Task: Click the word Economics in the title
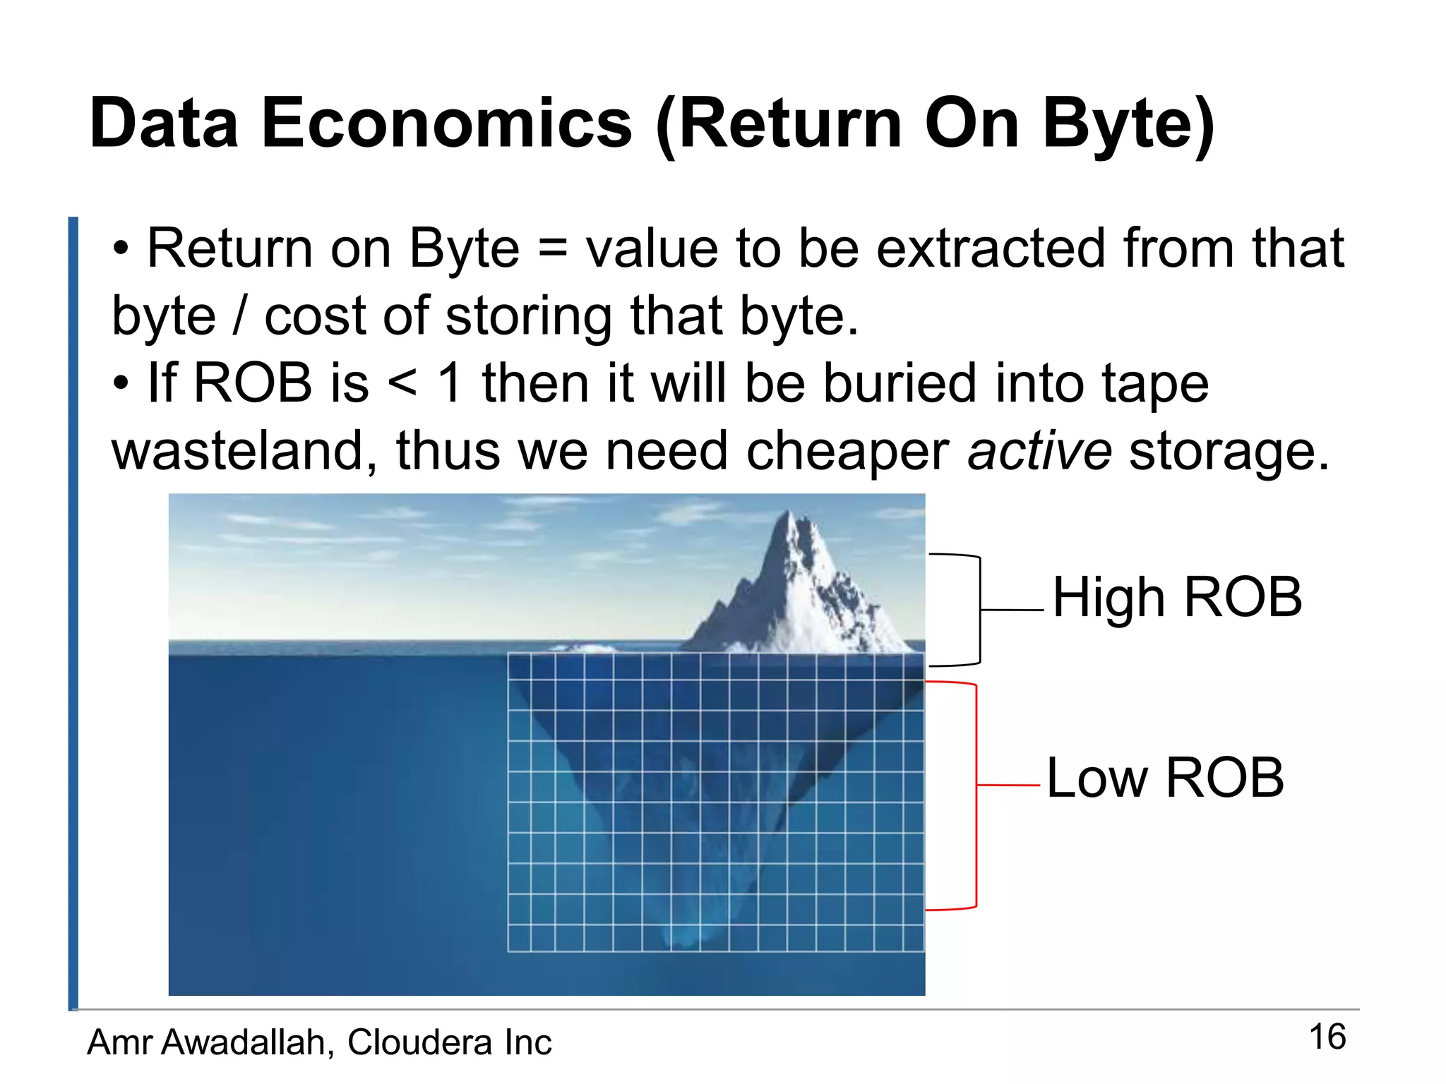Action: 446,124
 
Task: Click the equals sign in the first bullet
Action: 552,250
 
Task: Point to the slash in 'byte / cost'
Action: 240,315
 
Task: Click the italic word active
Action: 1039,452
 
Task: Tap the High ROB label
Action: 1177,598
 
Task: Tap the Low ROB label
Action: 1165,778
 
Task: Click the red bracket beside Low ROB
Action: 976,796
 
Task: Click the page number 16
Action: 1327,1037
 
